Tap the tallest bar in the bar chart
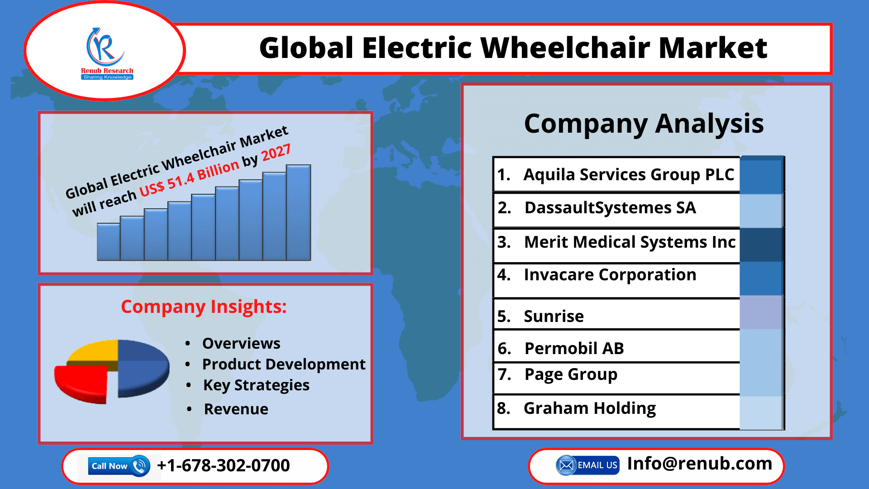[299, 212]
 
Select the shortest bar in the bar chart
[109, 242]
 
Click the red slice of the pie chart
[81, 383]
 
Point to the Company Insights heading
[204, 307]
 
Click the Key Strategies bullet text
[256, 385]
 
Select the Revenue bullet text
[236, 409]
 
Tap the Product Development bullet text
[284, 364]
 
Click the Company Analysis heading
[644, 124]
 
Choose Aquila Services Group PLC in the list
[629, 175]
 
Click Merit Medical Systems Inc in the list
[630, 242]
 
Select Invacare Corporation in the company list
[610, 275]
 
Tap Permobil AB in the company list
[574, 349]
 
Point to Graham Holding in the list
[590, 408]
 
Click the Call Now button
[119, 466]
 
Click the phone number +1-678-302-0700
[223, 465]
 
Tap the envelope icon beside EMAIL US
[566, 465]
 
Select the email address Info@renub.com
[700, 464]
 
